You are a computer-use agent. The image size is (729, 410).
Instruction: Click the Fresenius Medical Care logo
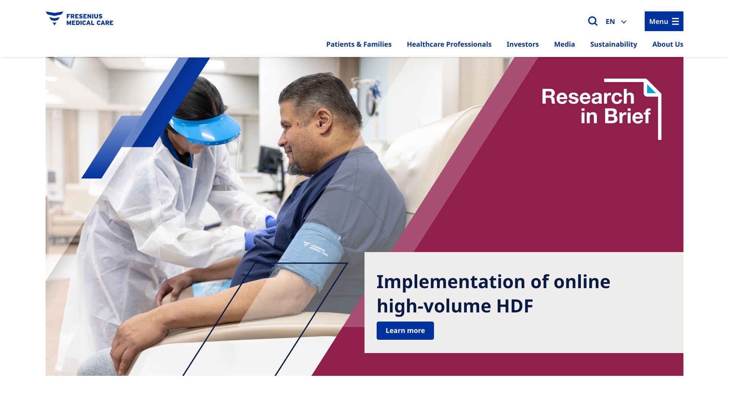(x=79, y=19)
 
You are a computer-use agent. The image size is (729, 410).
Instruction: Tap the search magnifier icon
(x=593, y=21)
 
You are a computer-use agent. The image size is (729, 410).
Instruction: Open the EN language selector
(x=616, y=22)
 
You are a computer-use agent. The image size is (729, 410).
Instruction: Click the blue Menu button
(x=664, y=21)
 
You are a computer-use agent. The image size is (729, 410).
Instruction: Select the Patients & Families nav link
(x=359, y=44)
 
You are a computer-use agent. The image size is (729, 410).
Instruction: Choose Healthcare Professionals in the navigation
(x=449, y=44)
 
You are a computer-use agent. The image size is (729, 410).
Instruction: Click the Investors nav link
(x=522, y=44)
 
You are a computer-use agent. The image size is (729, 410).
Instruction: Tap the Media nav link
(x=564, y=44)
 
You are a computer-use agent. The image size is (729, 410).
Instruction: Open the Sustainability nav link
(x=614, y=44)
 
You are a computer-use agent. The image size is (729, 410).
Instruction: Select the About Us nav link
(x=667, y=44)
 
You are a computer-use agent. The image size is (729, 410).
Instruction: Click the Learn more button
(x=405, y=331)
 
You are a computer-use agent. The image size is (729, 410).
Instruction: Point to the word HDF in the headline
(x=514, y=306)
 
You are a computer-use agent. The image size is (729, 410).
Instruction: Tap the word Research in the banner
(x=588, y=96)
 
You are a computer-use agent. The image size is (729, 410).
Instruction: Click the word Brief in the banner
(x=627, y=116)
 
